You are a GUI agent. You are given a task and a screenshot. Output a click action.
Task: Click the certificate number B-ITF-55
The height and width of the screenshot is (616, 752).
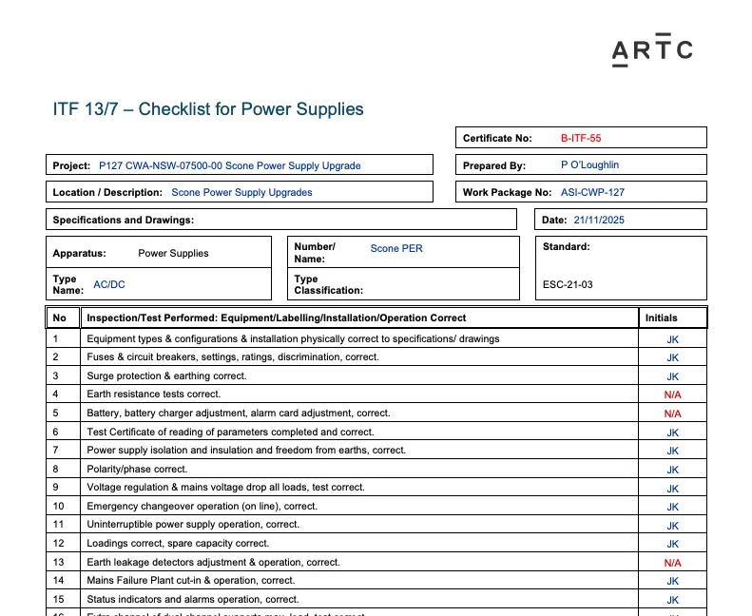pyautogui.click(x=581, y=138)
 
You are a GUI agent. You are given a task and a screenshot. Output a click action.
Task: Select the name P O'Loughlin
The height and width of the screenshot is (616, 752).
pyautogui.click(x=589, y=164)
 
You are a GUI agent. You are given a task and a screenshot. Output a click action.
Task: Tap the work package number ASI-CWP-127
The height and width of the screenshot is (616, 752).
pyautogui.click(x=592, y=192)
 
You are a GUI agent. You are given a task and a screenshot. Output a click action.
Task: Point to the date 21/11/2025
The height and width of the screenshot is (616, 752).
pyautogui.click(x=599, y=220)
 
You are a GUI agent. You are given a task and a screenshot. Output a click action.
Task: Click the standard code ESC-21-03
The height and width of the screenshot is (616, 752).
pyautogui.click(x=568, y=284)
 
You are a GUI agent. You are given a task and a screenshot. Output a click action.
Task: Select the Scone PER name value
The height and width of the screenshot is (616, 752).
pyautogui.click(x=396, y=248)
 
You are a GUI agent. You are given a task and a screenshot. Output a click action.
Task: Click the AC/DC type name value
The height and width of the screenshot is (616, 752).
pyautogui.click(x=109, y=284)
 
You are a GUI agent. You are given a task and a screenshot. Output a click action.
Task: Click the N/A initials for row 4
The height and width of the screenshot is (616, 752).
pyautogui.click(x=672, y=395)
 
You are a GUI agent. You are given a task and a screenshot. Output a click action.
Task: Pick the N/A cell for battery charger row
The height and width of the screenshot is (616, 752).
pyautogui.click(x=672, y=414)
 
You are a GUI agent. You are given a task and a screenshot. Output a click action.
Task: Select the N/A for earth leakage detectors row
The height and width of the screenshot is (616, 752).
pyautogui.click(x=672, y=563)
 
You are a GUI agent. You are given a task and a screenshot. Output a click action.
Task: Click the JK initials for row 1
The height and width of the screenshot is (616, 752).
pyautogui.click(x=672, y=339)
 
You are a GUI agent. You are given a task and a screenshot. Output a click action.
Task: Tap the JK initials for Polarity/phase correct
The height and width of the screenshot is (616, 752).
pyautogui.click(x=672, y=470)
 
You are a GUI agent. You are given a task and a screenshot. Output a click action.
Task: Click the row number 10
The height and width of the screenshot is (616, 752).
pyautogui.click(x=59, y=507)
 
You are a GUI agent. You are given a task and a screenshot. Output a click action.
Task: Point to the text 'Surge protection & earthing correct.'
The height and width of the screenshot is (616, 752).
pyautogui.click(x=166, y=376)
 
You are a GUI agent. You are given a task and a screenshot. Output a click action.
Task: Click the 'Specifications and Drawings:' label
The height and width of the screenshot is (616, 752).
pyautogui.click(x=124, y=220)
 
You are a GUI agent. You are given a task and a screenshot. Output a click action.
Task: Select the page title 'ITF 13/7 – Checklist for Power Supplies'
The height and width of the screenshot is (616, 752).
pyautogui.click(x=208, y=109)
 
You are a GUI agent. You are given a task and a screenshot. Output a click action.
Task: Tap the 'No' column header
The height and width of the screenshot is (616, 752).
pyautogui.click(x=60, y=318)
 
